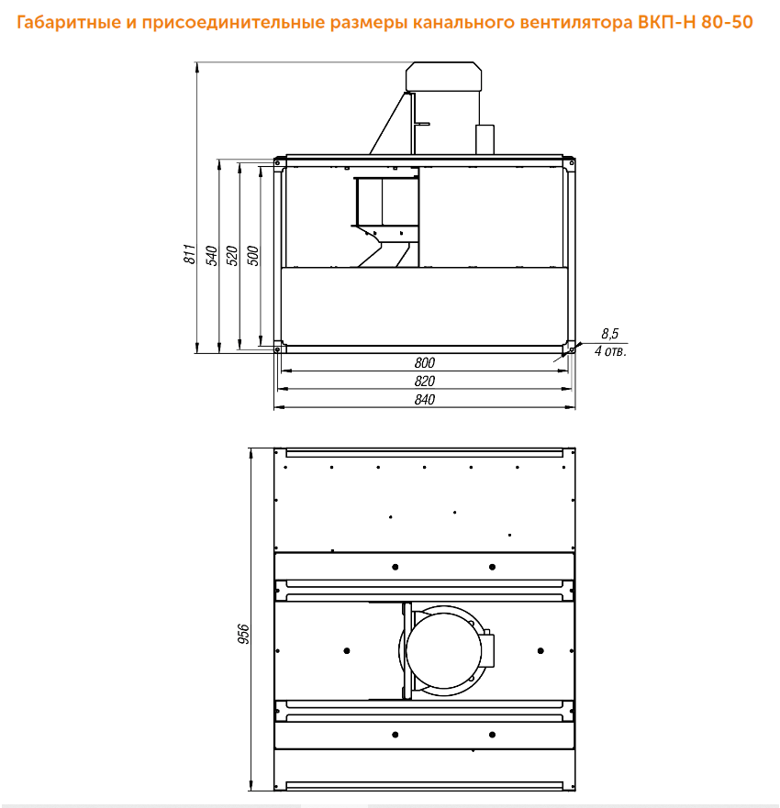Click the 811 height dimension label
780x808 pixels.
(x=190, y=255)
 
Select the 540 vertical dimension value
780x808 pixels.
(x=212, y=256)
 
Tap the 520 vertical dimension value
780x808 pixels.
(x=232, y=256)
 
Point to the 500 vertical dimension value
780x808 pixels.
(x=253, y=256)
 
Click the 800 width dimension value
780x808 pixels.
(x=424, y=363)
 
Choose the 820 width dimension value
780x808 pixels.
(x=424, y=382)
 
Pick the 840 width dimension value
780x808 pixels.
(x=424, y=400)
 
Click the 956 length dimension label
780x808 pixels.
(x=243, y=634)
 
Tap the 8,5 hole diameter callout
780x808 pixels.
(x=610, y=334)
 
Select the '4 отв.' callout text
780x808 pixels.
(x=610, y=351)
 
